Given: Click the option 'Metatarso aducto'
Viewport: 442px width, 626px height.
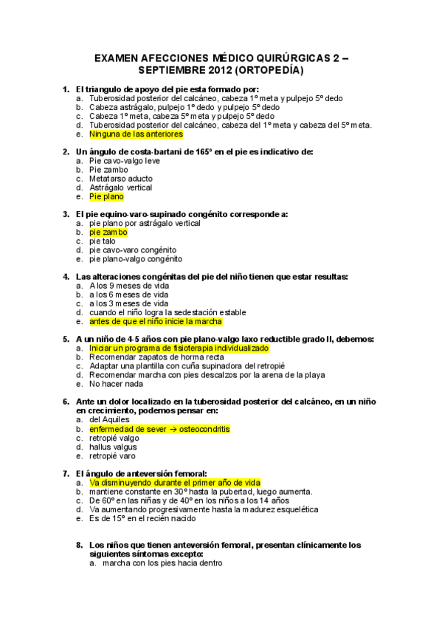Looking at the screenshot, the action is pyautogui.click(x=120, y=179).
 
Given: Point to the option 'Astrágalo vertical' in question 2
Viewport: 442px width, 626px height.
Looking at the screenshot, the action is pyautogui.click(x=120, y=188).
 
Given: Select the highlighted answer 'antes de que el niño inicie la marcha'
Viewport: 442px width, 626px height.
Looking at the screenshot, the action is pyautogui.click(x=155, y=321).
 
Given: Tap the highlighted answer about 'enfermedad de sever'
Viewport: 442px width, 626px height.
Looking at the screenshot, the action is pyautogui.click(x=159, y=429).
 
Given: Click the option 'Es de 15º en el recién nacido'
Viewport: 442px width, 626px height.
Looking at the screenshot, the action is pyautogui.click(x=142, y=518).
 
